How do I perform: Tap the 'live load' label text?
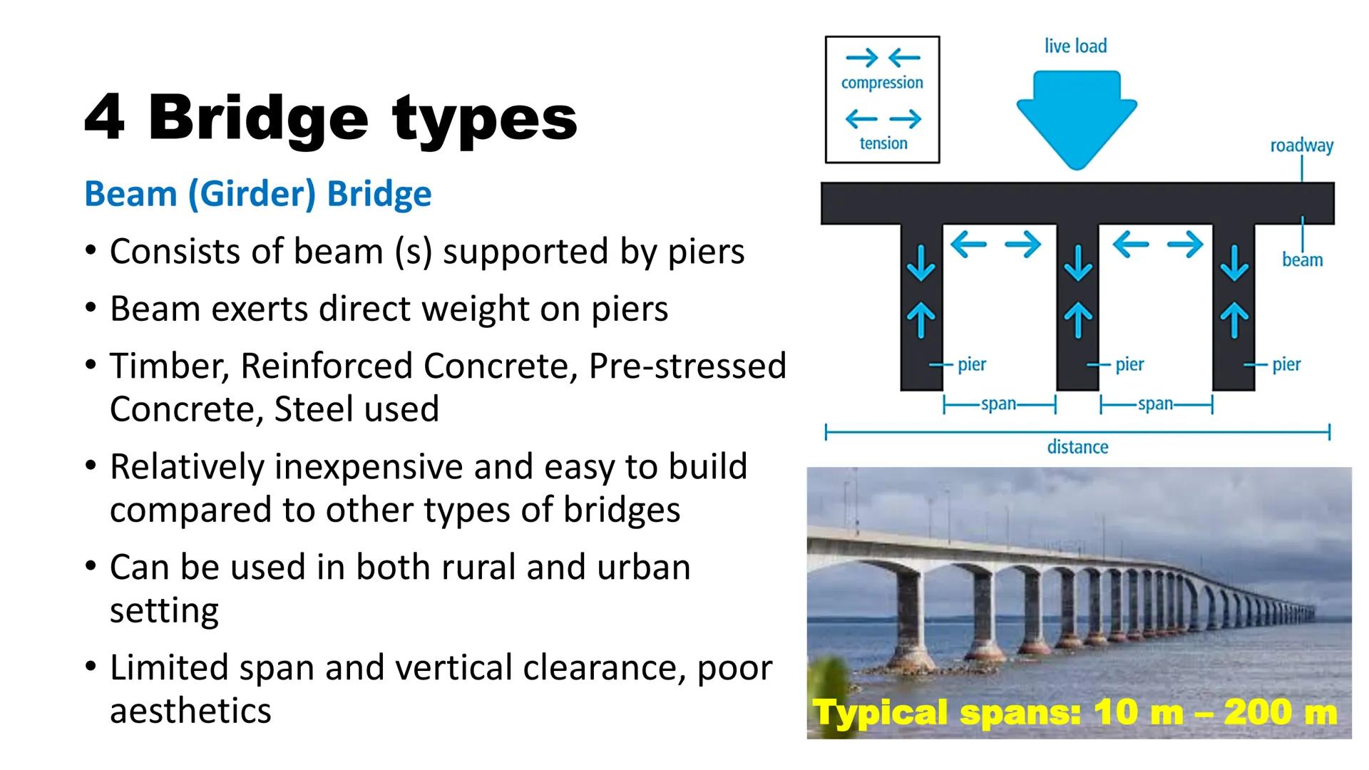click(1075, 46)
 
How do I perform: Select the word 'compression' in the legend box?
click(882, 83)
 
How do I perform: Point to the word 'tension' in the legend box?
click(883, 143)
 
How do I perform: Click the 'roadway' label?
click(1301, 145)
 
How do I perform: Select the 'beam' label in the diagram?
click(1302, 260)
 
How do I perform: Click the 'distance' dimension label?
click(1077, 447)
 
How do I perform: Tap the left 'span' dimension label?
click(998, 404)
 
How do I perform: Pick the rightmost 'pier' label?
click(1286, 364)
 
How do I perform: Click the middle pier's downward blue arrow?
click(1077, 262)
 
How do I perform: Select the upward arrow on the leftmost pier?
click(921, 319)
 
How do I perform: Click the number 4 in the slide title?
click(104, 118)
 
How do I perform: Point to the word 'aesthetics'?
click(190, 711)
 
